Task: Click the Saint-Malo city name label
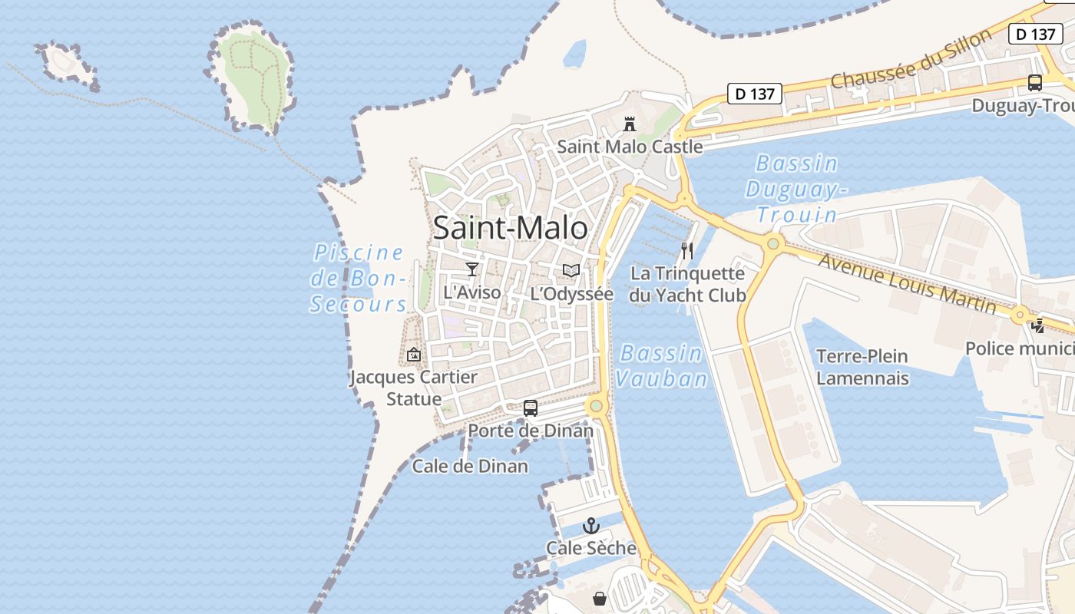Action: tap(511, 228)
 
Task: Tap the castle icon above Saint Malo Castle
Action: tap(630, 124)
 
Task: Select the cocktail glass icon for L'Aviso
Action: tap(472, 269)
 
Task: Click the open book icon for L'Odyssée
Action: tap(571, 270)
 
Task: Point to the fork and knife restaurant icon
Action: tap(687, 250)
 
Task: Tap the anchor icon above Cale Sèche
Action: tap(590, 526)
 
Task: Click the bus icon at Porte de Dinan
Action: tap(531, 408)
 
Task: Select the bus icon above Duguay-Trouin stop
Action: tap(1035, 83)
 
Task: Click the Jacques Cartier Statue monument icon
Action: tap(414, 355)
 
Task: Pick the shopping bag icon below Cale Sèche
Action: tap(600, 599)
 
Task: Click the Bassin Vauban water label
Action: tap(661, 365)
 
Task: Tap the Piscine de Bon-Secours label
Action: tap(359, 278)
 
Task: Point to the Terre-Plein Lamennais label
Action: tap(862, 367)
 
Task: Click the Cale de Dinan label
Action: tap(470, 466)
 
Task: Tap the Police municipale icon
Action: tap(1038, 326)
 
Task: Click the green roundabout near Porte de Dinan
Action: tap(596, 405)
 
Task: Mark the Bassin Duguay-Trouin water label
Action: tap(796, 189)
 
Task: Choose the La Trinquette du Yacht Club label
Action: tap(687, 284)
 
